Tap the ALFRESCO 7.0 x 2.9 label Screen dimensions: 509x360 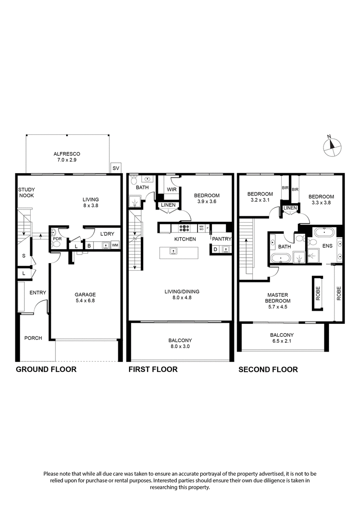pyautogui.click(x=67, y=156)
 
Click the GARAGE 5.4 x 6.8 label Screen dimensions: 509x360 pyautogui.click(x=85, y=298)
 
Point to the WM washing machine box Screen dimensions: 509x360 pyautogui.click(x=115, y=245)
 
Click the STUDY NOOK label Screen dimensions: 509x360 pyautogui.click(x=27, y=192)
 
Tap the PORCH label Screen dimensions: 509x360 pyautogui.click(x=34, y=338)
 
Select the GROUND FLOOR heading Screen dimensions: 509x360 pyautogui.click(x=46, y=370)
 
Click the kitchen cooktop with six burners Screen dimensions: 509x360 pyautogui.click(x=184, y=228)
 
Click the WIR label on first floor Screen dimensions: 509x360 pyautogui.click(x=171, y=189)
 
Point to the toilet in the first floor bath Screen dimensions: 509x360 pyautogui.click(x=134, y=180)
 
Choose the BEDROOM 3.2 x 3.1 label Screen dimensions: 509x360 pyautogui.click(x=260, y=197)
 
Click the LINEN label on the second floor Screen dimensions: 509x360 pyautogui.click(x=290, y=208)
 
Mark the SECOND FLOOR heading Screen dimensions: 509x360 pyautogui.click(x=268, y=370)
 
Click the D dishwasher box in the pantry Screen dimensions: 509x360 pyautogui.click(x=215, y=249)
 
